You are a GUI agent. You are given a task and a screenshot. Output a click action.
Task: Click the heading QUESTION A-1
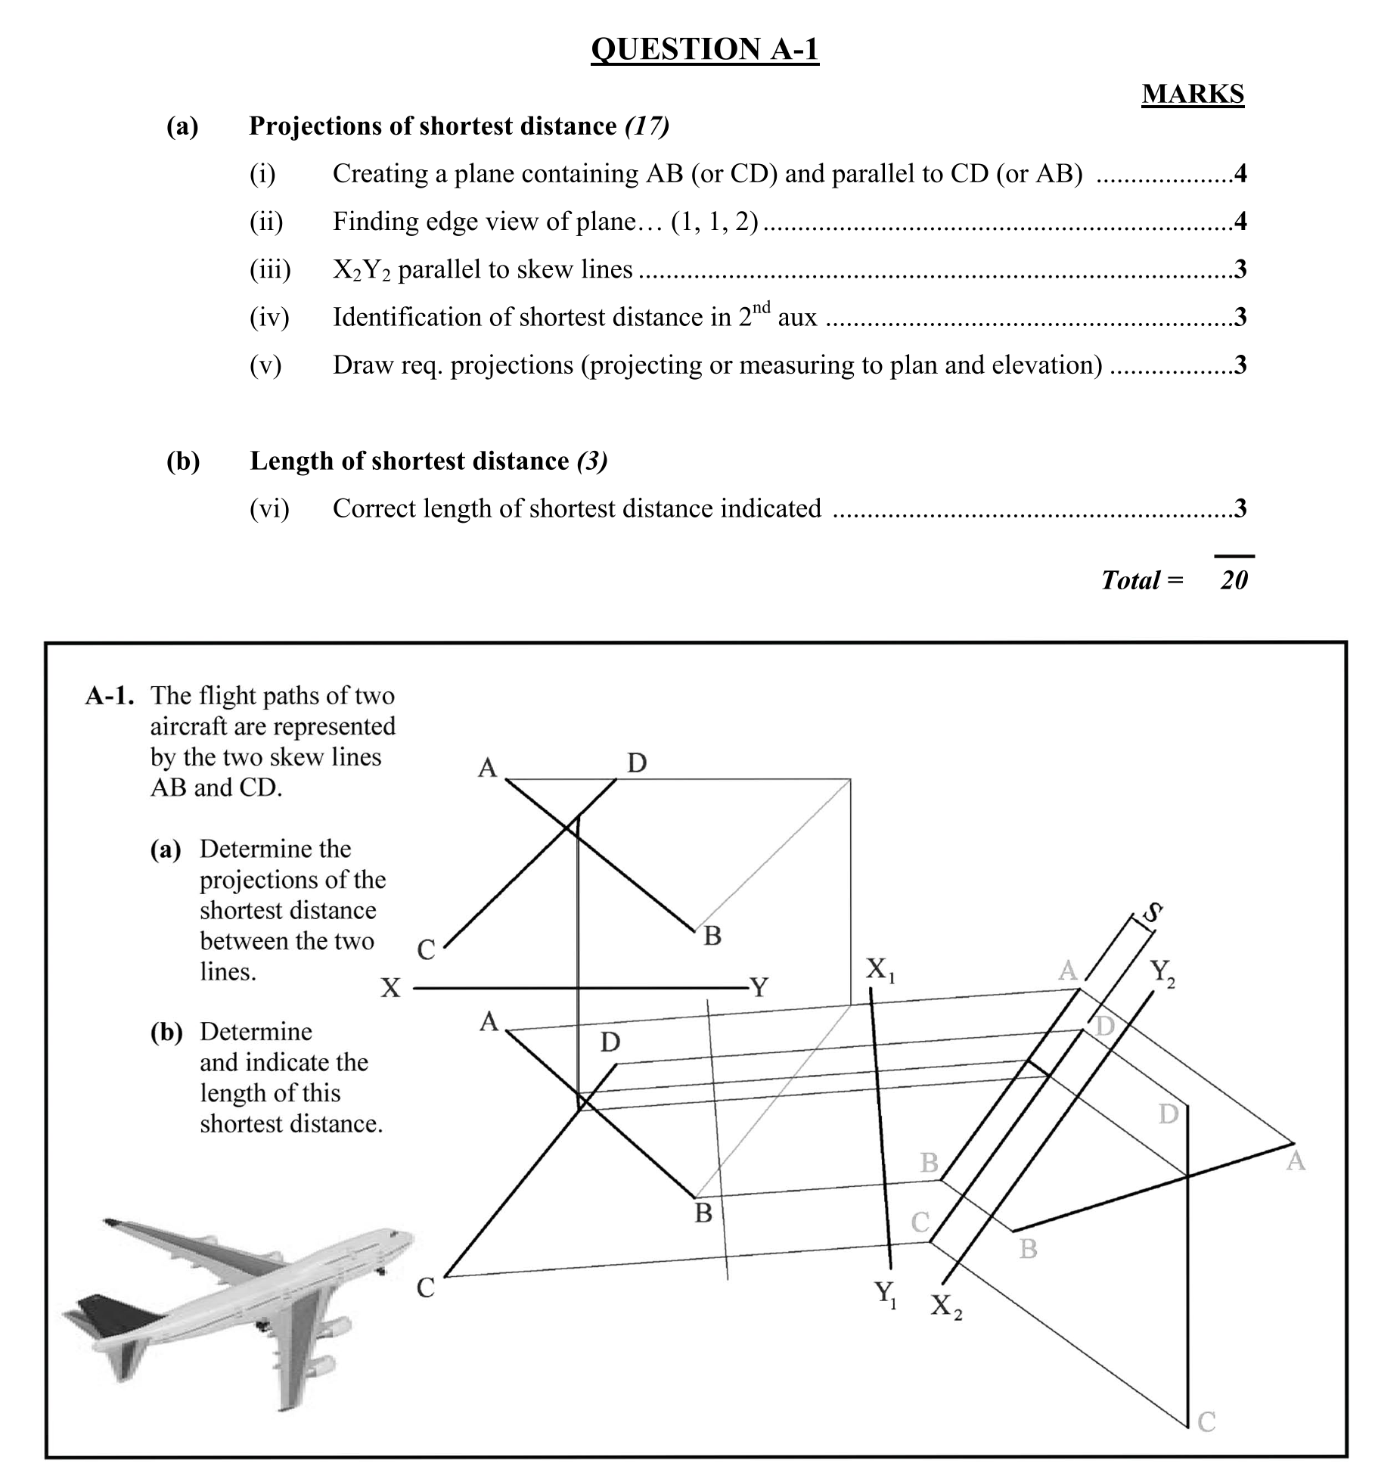[x=704, y=49]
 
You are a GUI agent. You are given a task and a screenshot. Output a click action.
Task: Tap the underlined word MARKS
[x=1192, y=94]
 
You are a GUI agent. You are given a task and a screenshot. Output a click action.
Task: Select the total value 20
[x=1233, y=580]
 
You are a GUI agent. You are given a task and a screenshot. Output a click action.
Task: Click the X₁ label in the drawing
[x=880, y=969]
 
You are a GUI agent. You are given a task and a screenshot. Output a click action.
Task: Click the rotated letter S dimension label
[x=1152, y=913]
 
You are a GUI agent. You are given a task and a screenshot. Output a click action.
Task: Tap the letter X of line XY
[x=390, y=988]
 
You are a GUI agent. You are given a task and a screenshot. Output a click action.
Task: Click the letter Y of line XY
[x=759, y=987]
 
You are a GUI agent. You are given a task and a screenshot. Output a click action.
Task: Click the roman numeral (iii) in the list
[x=270, y=269]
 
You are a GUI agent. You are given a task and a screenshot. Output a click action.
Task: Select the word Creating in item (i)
[x=380, y=174]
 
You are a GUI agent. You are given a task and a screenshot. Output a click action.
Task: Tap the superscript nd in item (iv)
[x=762, y=306]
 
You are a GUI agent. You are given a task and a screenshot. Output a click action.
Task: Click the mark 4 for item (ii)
[x=1240, y=222]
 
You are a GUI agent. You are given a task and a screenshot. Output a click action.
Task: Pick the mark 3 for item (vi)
[x=1240, y=508]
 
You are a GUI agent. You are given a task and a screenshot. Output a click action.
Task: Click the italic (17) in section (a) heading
[x=647, y=126]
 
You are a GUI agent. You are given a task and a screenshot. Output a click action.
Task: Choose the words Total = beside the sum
[x=1141, y=580]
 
